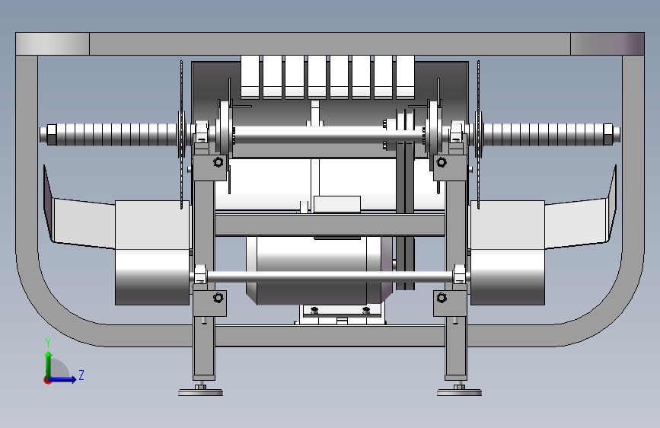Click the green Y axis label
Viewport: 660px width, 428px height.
tap(48, 343)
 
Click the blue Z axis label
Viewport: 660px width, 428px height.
tap(81, 375)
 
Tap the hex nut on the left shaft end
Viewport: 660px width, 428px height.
tap(51, 134)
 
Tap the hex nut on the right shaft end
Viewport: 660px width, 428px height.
tap(607, 134)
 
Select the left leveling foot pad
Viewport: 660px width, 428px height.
tap(200, 393)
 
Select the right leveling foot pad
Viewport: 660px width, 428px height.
tap(459, 393)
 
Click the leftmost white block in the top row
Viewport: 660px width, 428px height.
tap(250, 77)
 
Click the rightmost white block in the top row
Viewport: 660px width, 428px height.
tap(405, 77)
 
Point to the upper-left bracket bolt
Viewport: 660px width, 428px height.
tap(218, 161)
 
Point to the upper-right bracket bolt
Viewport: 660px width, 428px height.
tap(441, 161)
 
